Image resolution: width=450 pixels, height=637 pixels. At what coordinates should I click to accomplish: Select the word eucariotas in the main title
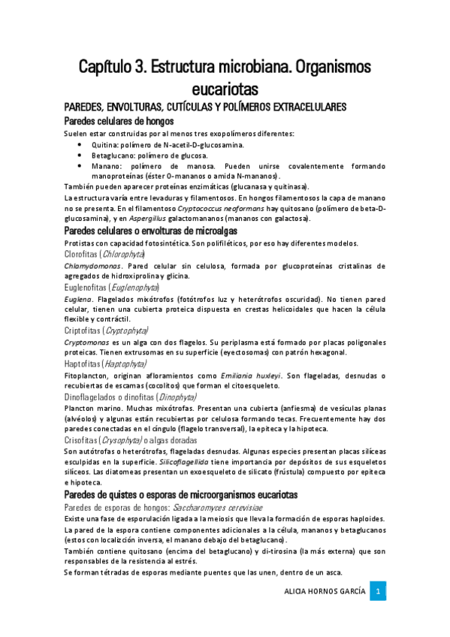[x=225, y=86]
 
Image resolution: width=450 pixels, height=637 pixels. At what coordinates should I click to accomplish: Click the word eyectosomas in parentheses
[x=269, y=352]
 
